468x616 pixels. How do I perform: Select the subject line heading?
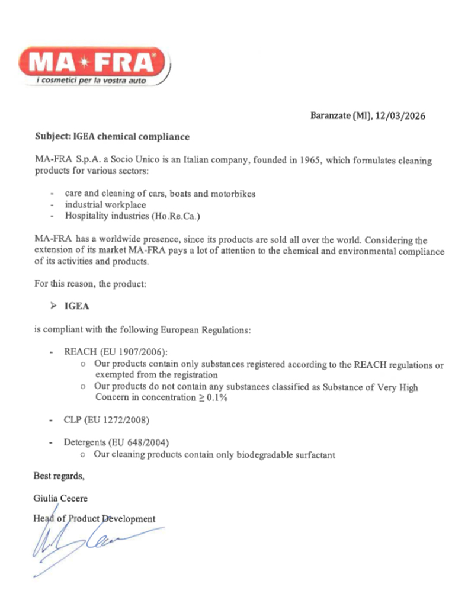click(x=112, y=137)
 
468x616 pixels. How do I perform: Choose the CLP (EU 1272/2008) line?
click(x=106, y=421)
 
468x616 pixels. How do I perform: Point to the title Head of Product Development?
click(x=95, y=519)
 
